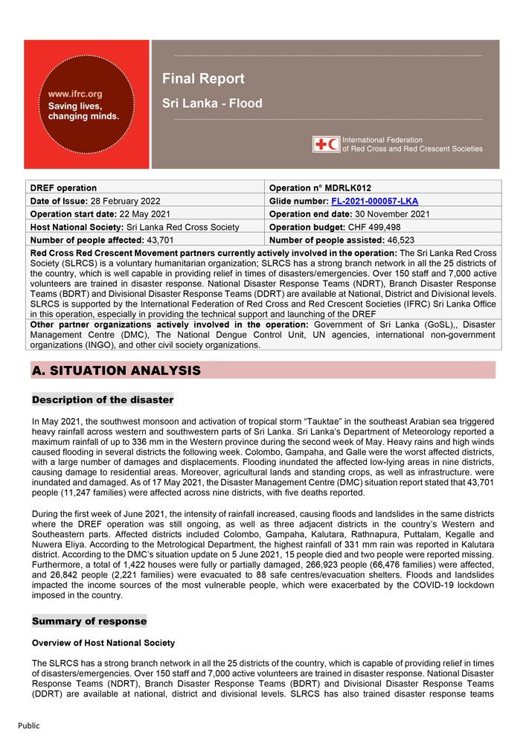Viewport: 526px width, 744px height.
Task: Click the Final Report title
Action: click(x=203, y=79)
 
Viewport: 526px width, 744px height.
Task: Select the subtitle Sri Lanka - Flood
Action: click(x=212, y=103)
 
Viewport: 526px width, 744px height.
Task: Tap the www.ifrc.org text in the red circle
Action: click(x=75, y=94)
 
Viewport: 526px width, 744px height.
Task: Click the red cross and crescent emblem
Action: click(x=327, y=144)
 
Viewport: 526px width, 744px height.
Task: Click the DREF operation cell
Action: click(x=63, y=187)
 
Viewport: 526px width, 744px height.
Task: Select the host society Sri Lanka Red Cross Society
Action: click(x=183, y=227)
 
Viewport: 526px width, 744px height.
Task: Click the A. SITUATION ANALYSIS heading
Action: click(x=116, y=370)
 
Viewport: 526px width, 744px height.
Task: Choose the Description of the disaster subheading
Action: click(x=103, y=400)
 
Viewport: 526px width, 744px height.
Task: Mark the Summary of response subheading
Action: click(x=89, y=620)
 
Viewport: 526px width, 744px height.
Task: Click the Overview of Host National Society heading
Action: click(x=103, y=643)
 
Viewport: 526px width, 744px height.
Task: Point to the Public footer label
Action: click(x=29, y=725)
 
